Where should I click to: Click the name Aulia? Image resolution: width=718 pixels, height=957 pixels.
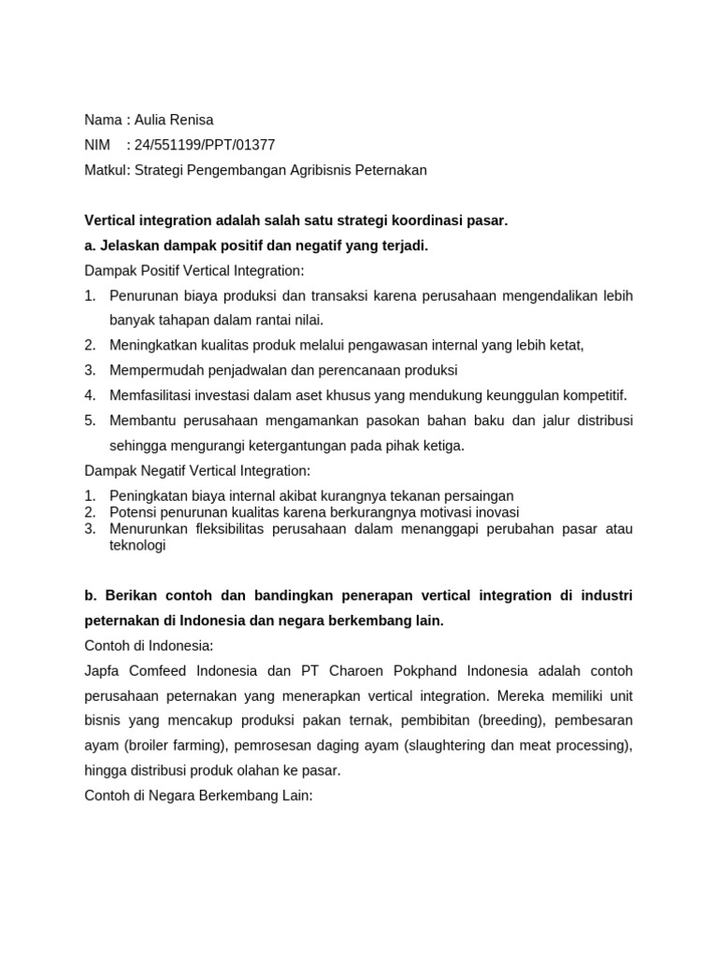click(152, 120)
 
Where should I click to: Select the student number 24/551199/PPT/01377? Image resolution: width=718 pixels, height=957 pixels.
click(205, 145)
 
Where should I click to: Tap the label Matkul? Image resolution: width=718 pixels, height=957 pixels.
click(106, 170)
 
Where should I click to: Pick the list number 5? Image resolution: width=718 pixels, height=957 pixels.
click(90, 421)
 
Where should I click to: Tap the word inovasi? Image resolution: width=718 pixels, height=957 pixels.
click(494, 512)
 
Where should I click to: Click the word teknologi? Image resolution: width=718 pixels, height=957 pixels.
click(137, 546)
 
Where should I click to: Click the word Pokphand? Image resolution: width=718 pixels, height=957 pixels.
click(418, 671)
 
